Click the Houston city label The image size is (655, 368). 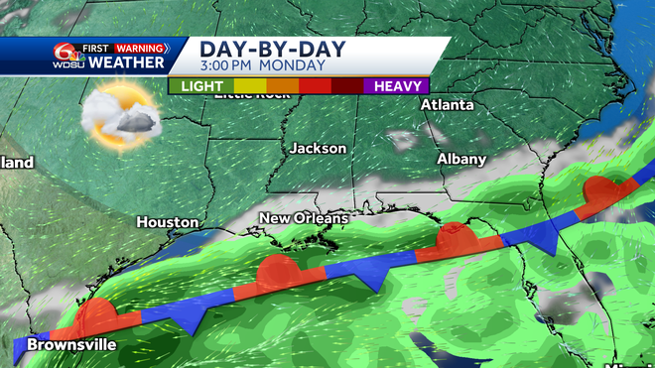click(167, 222)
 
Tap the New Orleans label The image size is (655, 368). click(304, 217)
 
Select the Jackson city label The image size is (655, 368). click(319, 148)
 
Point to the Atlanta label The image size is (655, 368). click(447, 104)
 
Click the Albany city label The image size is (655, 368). click(462, 159)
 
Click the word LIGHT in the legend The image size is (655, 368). click(203, 86)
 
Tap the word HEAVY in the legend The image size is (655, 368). click(398, 86)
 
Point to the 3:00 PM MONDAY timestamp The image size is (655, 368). click(263, 66)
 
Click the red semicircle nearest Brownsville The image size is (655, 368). click(97, 315)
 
